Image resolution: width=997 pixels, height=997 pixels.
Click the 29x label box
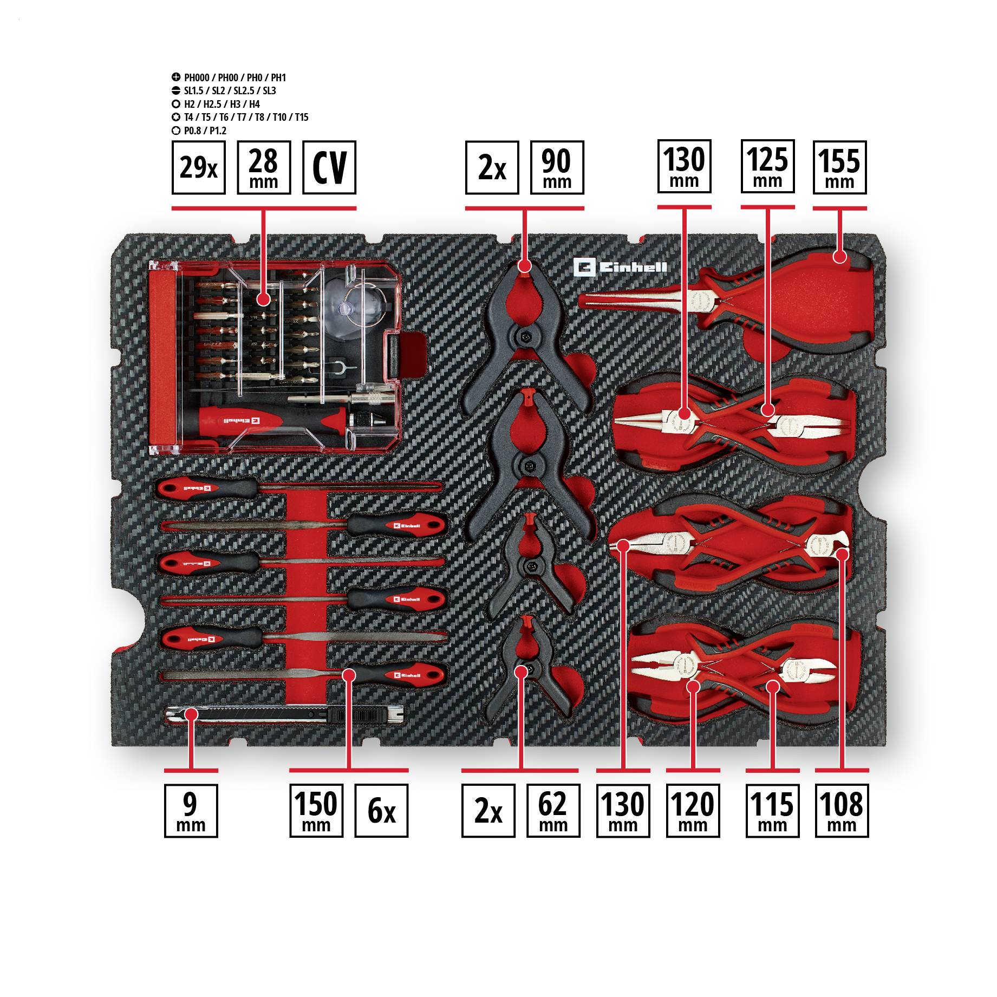click(198, 167)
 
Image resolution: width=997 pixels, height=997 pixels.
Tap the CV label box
click(329, 167)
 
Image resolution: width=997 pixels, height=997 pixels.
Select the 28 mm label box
click(264, 167)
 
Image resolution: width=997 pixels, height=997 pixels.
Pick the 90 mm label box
click(556, 167)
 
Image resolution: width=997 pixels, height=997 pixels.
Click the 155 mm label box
click(839, 167)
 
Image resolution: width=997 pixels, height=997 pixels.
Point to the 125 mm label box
click(767, 166)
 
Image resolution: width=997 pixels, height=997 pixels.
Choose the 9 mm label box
click(191, 811)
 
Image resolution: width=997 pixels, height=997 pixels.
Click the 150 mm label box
click(316, 811)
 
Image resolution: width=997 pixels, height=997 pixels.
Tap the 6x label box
click(381, 811)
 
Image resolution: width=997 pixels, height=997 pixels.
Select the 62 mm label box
click(553, 811)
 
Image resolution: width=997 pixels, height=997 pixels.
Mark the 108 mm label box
click(842, 811)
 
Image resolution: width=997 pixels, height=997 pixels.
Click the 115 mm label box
click(772, 811)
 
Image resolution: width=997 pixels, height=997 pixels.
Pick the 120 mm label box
click(693, 811)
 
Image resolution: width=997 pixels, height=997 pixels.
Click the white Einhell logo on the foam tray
click(621, 268)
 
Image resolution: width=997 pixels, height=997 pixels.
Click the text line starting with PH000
click(234, 78)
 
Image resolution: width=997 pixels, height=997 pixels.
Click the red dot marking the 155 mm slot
click(839, 256)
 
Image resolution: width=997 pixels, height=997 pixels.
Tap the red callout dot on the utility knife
click(190, 714)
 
